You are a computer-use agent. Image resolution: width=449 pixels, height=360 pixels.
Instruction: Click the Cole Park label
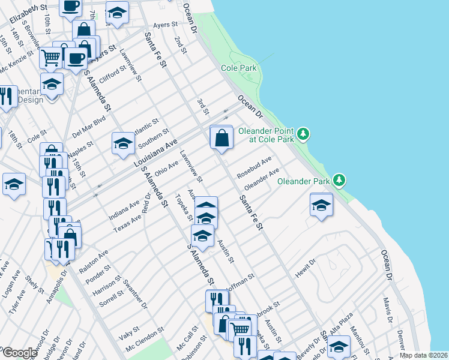239,68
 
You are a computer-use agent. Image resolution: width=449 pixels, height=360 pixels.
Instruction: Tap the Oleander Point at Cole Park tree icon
304,133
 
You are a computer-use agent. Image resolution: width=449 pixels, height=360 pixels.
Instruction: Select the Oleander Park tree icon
340,179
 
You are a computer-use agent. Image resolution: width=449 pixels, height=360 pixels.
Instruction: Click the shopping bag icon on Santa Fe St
221,137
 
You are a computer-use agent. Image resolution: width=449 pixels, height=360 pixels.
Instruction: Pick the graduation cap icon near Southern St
123,144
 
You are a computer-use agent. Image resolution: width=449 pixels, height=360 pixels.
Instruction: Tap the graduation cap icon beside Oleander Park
321,205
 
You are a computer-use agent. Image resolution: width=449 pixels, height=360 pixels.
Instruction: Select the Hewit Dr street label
304,268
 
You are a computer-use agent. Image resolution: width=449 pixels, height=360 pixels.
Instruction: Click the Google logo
20,353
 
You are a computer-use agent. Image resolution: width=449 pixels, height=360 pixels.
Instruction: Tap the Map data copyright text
424,355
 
